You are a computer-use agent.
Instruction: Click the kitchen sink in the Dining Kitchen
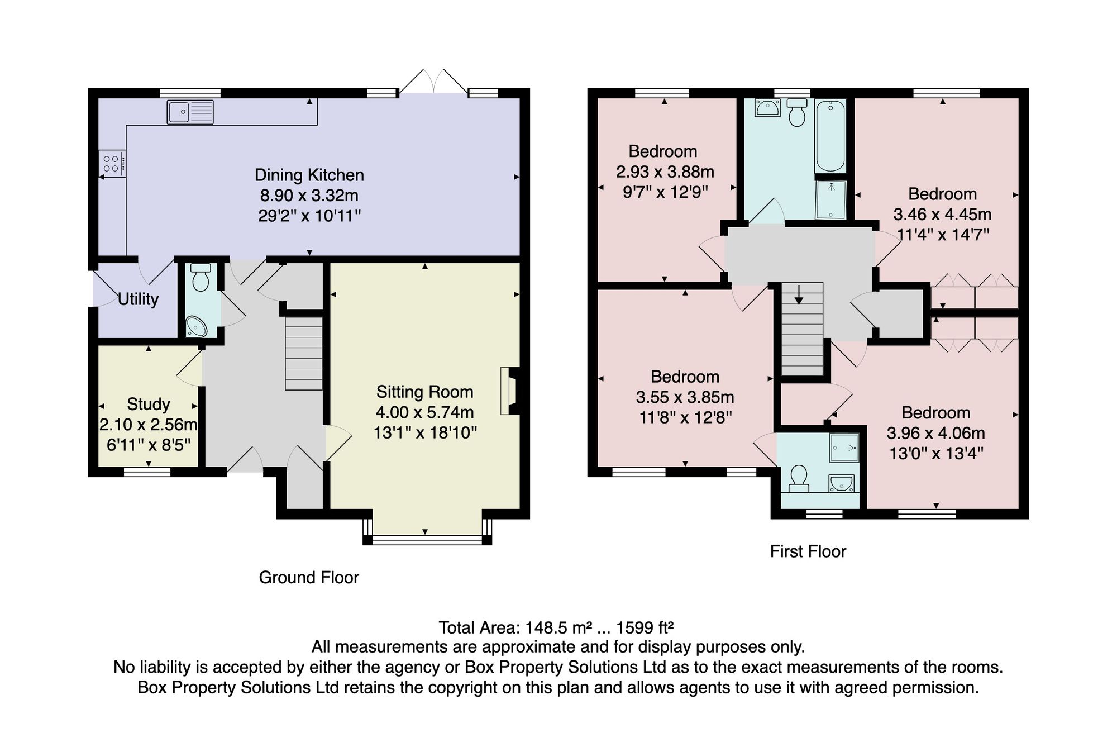point(190,112)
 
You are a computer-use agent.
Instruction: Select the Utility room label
point(138,299)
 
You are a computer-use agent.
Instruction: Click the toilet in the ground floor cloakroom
point(201,278)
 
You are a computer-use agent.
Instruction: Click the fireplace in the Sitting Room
point(510,391)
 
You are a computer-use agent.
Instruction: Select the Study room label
point(149,404)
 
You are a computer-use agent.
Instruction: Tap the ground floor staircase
point(304,353)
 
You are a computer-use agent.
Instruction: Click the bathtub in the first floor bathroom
point(831,136)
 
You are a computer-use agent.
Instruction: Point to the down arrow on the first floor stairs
point(799,294)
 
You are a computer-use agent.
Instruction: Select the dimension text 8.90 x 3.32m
point(309,196)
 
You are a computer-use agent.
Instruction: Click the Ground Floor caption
point(309,577)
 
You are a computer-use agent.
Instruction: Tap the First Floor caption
point(808,551)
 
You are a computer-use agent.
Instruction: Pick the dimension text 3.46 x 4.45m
point(943,214)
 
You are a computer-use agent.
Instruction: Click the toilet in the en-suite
point(799,480)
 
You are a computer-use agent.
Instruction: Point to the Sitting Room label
point(425,392)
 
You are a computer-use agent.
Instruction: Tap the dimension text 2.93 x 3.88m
point(665,172)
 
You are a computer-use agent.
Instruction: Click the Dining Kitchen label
point(309,175)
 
